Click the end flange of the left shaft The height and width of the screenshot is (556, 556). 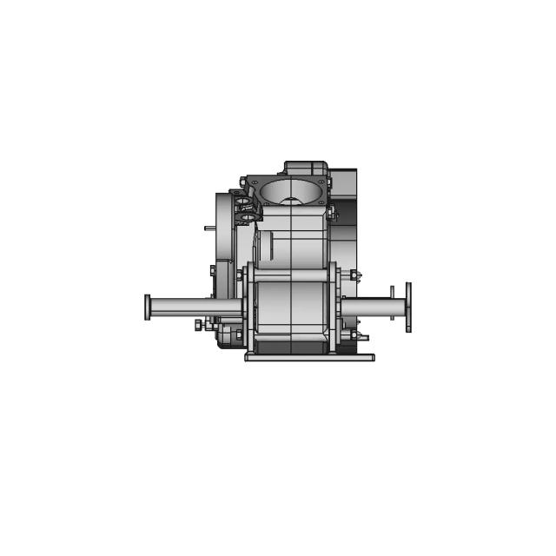pyautogui.click(x=148, y=308)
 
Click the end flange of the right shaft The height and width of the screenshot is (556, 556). pyautogui.click(x=408, y=307)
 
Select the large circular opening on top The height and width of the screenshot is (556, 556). pyautogui.click(x=289, y=190)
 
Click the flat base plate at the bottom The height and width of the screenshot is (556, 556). pyautogui.click(x=309, y=356)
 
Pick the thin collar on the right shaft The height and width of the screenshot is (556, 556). pyautogui.click(x=393, y=303)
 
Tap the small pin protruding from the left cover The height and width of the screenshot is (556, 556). pyautogui.click(x=209, y=228)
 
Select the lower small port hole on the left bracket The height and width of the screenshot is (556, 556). pyautogui.click(x=245, y=216)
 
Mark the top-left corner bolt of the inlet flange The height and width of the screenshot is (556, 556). pyautogui.click(x=254, y=182)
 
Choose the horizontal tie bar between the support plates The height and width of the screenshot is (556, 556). pyautogui.click(x=291, y=276)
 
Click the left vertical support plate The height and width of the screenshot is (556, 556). pyautogui.click(x=249, y=308)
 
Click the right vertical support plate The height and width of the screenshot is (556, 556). pyautogui.click(x=334, y=308)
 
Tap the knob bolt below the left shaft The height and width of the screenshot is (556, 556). pyautogui.click(x=199, y=324)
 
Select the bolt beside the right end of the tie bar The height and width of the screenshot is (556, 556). pyautogui.click(x=354, y=276)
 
